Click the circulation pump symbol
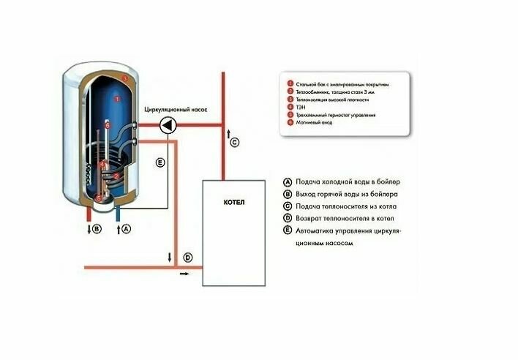click(x=168, y=125)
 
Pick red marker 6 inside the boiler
click(x=107, y=126)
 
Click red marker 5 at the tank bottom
click(x=98, y=195)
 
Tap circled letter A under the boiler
click(x=126, y=229)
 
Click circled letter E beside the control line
click(x=161, y=162)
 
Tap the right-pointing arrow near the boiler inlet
click(x=183, y=273)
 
